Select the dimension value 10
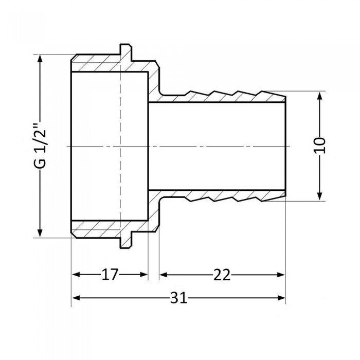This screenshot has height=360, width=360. click(x=321, y=146)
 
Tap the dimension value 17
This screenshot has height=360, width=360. click(x=109, y=275)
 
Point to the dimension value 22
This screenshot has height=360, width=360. click(x=222, y=275)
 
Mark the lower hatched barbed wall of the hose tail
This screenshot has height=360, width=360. click(x=221, y=195)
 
